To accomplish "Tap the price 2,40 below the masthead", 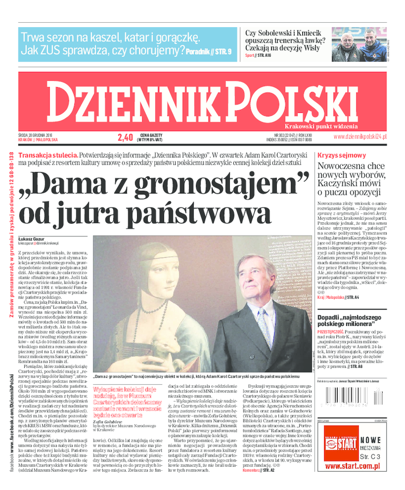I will pos(125,137).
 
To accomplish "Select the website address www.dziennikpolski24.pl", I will pos(360,137).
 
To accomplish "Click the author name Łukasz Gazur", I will pos(32,238).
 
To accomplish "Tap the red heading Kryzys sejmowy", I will pos(342,155).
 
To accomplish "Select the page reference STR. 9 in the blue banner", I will pos(222,51).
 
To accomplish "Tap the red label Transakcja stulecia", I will pos(48,154).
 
